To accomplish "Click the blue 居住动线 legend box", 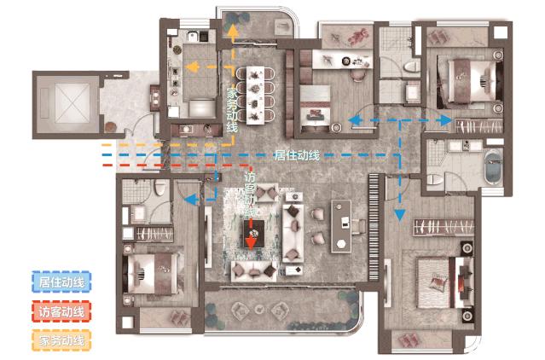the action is point(61,282).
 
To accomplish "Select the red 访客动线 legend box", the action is point(61,311).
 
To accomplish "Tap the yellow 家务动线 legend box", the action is point(61,340).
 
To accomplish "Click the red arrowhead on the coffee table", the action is point(251,242).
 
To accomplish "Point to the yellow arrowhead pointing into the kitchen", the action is point(191,67).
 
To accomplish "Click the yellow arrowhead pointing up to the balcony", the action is point(233,31).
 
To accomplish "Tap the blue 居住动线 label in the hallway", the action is point(297,155).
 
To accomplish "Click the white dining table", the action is point(255,96).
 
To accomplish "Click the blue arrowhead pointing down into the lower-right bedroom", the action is point(400,215).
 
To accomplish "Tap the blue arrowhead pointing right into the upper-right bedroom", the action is point(445,120).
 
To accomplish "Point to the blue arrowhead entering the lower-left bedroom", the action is point(190,200).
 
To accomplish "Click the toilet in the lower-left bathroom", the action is point(159,188).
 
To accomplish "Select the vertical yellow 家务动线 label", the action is point(232,111).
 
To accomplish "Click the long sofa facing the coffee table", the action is point(293,233).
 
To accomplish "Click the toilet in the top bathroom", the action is point(412,66).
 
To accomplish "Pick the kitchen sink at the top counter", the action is point(193,36).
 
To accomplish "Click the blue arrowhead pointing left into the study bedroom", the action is point(355,120).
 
